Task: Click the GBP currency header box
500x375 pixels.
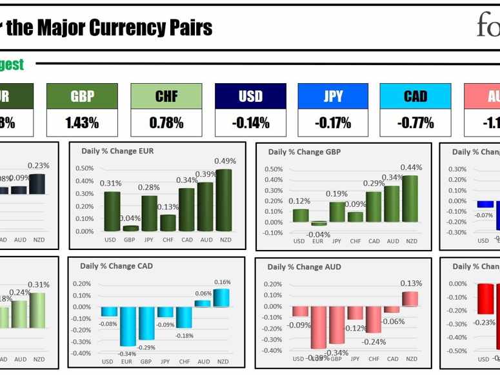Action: click(x=82, y=96)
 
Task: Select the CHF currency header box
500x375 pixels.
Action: click(x=166, y=96)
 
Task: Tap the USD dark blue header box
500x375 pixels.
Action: click(x=250, y=96)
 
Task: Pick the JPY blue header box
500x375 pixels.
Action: click(x=333, y=96)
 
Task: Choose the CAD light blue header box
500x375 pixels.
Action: click(x=415, y=96)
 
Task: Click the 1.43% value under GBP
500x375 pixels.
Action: click(x=82, y=122)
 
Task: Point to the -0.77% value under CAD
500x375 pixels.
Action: click(x=415, y=122)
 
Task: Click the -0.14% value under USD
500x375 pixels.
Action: click(x=250, y=122)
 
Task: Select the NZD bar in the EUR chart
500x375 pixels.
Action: click(x=225, y=200)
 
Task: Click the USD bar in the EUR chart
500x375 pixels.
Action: click(x=112, y=211)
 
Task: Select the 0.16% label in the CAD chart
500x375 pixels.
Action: click(x=223, y=282)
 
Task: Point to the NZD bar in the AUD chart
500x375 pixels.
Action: click(x=410, y=299)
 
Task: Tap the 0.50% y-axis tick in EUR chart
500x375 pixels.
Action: click(x=85, y=168)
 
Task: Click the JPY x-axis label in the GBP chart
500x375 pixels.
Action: click(x=336, y=241)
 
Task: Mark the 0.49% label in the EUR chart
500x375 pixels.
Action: click(x=225, y=161)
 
